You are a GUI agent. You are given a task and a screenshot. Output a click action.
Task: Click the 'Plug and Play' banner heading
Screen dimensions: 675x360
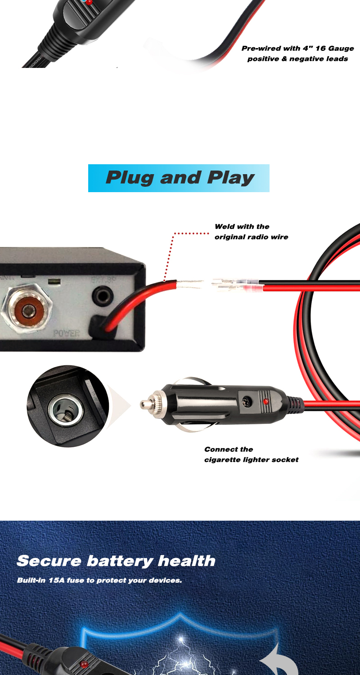(x=179, y=178)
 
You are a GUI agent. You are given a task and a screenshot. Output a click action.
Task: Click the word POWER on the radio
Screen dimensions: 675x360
(x=66, y=333)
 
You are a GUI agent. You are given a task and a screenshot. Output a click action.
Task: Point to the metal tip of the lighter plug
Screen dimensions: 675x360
(x=145, y=404)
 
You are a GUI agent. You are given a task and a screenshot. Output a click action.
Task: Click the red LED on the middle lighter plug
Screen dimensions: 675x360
(x=266, y=400)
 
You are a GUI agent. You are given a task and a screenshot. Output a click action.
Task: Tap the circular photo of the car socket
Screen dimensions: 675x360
(x=67, y=406)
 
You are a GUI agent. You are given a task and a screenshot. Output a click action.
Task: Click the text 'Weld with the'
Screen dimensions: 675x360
(x=242, y=226)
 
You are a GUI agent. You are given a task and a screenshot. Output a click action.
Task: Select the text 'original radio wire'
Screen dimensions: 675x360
(x=251, y=237)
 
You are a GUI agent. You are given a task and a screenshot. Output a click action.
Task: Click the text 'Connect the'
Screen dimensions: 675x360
(x=228, y=449)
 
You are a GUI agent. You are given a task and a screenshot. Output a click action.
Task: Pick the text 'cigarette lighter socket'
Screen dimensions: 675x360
(x=251, y=459)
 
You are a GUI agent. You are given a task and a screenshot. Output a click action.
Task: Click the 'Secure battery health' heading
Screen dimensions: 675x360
(x=116, y=561)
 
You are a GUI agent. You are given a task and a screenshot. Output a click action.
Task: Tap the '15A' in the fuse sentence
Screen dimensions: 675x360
(x=56, y=580)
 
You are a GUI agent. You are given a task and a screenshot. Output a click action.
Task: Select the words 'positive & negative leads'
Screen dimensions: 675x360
(x=297, y=58)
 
